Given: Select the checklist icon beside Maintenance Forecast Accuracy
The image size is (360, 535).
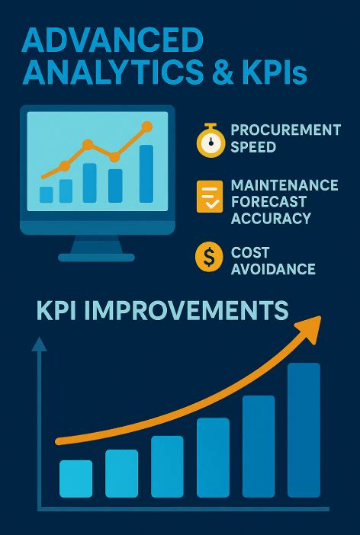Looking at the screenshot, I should [x=209, y=197].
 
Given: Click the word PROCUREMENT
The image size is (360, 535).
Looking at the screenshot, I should [x=285, y=130].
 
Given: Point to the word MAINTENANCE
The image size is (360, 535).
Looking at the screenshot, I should [x=284, y=186].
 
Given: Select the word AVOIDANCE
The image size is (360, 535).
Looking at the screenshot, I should [x=273, y=268].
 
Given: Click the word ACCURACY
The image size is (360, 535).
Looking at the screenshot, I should [x=271, y=218].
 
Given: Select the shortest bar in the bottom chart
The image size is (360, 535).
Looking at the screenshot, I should [x=76, y=479].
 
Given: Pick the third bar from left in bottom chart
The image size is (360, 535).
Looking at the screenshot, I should [x=167, y=466].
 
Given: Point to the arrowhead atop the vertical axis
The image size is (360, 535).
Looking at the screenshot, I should [x=38, y=344].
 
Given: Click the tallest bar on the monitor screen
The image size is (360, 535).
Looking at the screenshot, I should [x=146, y=173].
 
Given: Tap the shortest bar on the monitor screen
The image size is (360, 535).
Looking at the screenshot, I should [x=47, y=194].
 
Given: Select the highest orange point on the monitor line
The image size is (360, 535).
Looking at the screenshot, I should [x=146, y=127].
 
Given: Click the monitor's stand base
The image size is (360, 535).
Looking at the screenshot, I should [x=96, y=258].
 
